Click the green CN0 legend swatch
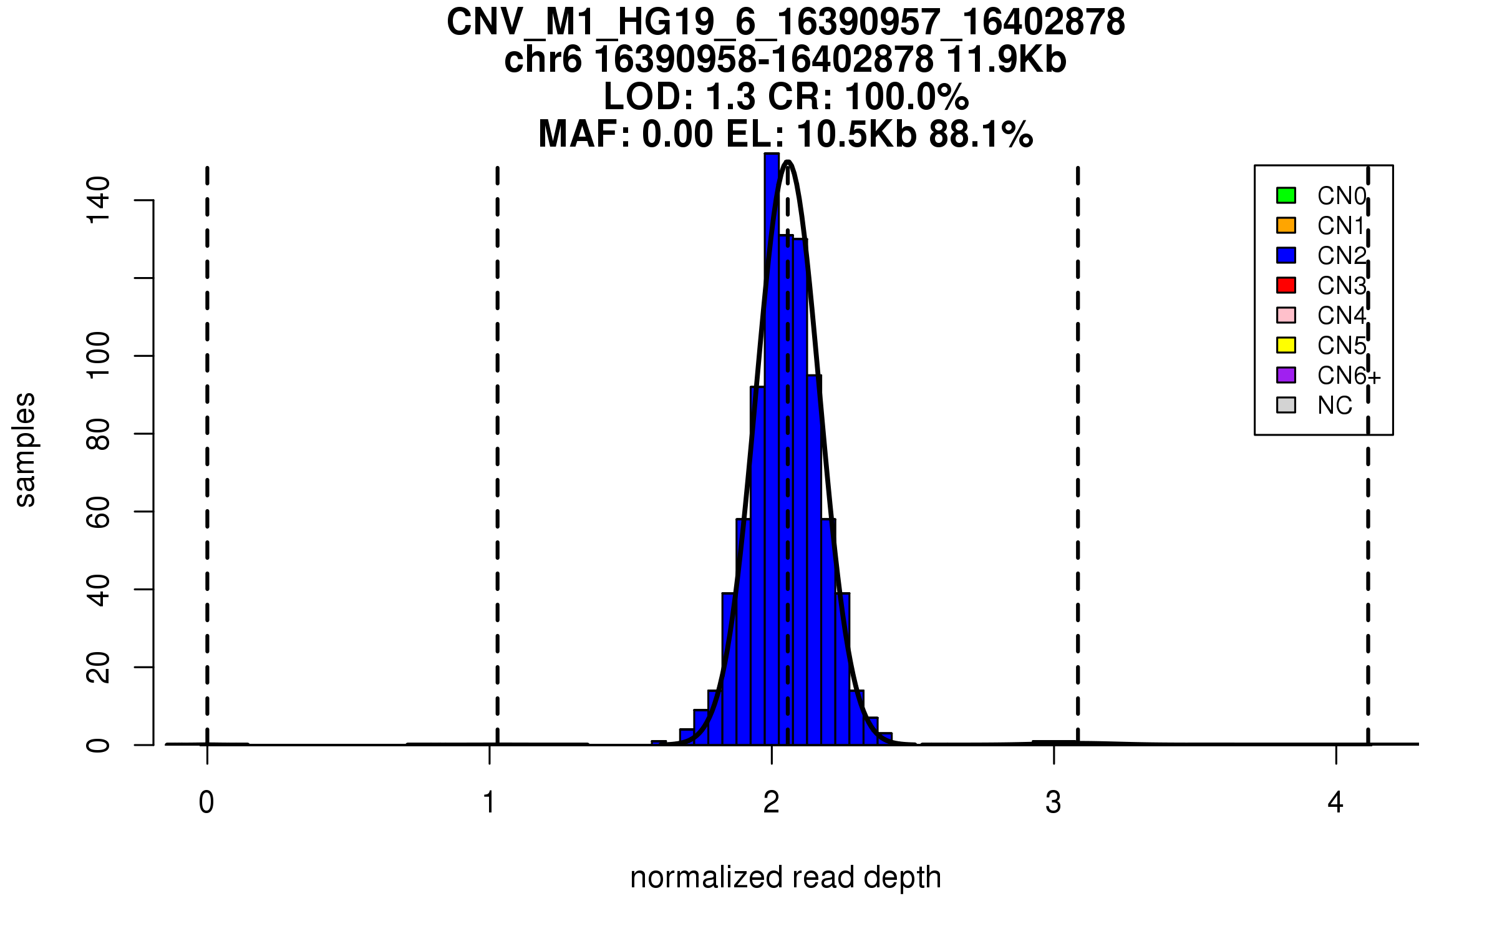pos(1286,195)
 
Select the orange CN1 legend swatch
pos(1286,225)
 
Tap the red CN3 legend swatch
pos(1286,285)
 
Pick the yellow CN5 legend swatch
pos(1286,345)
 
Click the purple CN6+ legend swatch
pos(1286,375)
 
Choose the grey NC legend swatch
pos(1286,405)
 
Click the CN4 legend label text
pos(1341,316)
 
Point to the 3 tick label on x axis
pos(1054,802)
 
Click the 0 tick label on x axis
pos(206,802)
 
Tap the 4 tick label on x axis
pos(1335,802)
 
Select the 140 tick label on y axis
pos(99,200)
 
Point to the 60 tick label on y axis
pos(99,512)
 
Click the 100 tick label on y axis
pos(99,356)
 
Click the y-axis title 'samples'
pos(25,449)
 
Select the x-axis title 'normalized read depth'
pos(785,877)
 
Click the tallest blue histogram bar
pos(772,437)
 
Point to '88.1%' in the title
pos(981,134)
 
